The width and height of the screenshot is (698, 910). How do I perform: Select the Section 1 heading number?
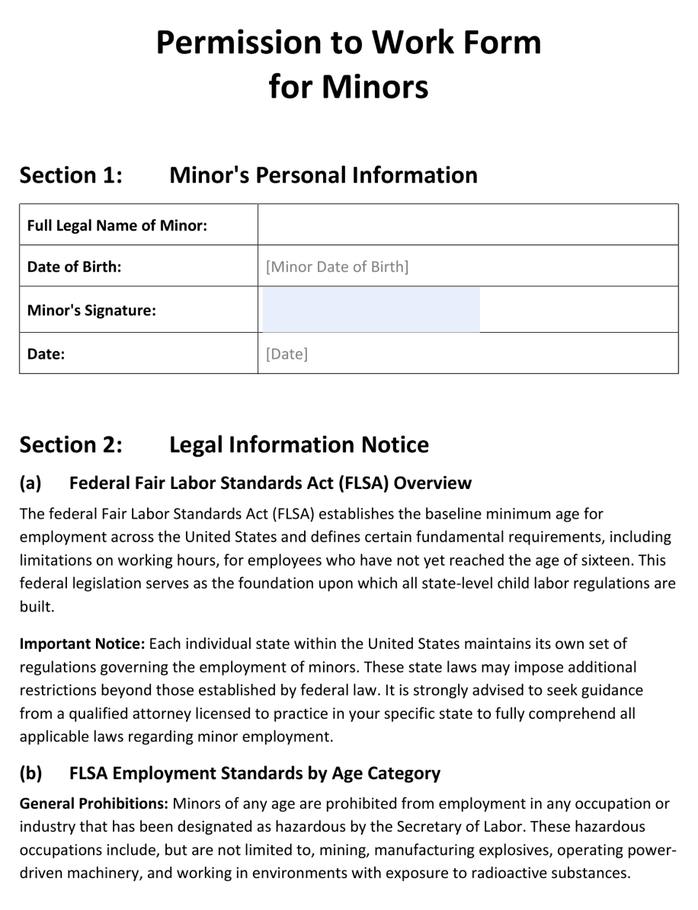pos(71,175)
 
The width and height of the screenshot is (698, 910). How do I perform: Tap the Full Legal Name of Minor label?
pos(117,225)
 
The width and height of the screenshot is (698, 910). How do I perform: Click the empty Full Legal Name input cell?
pos(467,225)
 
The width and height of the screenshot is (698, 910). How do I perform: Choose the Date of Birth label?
pos(74,267)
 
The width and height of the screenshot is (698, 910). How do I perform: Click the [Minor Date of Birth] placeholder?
pos(337,267)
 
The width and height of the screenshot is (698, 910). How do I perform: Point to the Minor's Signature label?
pos(91,310)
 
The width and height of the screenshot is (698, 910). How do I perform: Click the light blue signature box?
pos(371,310)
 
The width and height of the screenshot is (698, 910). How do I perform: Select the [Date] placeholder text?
pos(287,353)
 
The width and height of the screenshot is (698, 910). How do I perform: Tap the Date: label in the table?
pos(46,353)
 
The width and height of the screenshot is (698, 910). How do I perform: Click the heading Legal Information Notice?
pos(299,444)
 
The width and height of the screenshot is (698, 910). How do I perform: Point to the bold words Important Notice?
pos(82,643)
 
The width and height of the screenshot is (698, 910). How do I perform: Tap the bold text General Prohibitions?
pos(94,803)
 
